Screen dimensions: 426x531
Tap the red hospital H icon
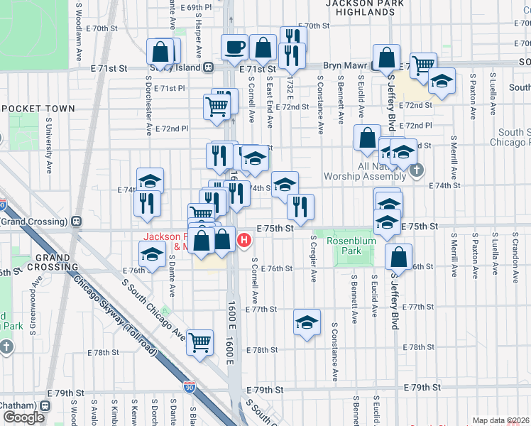[x=244, y=240]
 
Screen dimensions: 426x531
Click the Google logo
[x=23, y=417]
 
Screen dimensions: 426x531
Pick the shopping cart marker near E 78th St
[x=200, y=342]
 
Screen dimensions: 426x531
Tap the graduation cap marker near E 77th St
[x=306, y=323]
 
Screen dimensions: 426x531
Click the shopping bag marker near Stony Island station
[x=161, y=51]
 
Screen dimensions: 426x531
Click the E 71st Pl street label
[x=170, y=89]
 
